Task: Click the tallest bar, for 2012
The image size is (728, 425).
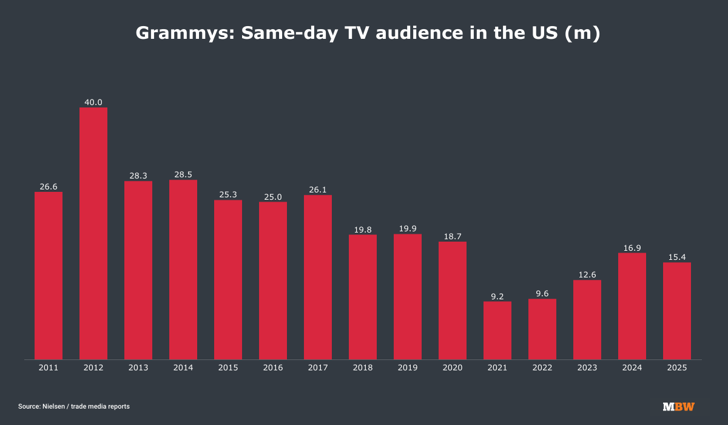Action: pos(93,233)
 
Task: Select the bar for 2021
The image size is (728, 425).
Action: pos(497,330)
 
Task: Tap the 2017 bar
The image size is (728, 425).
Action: pos(318,277)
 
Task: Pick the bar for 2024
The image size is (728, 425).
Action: pos(632,306)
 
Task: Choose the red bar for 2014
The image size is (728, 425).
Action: pos(183,270)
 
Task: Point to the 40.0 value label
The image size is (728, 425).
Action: pos(93,102)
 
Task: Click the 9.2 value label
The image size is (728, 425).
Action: pos(497,296)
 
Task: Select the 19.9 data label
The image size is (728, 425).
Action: pos(408,228)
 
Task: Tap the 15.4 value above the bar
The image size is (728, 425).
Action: pos(677,257)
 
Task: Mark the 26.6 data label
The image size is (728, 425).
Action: pos(49,187)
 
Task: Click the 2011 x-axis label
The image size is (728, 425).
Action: pos(49,368)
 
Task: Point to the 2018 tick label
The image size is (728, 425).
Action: pos(363,368)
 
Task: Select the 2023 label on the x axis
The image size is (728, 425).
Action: pos(587,368)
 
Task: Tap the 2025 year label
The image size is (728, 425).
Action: pos(677,368)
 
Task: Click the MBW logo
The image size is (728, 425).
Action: pos(678,406)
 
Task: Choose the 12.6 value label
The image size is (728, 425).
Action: pos(587,274)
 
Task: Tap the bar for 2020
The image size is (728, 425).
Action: pos(453,301)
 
